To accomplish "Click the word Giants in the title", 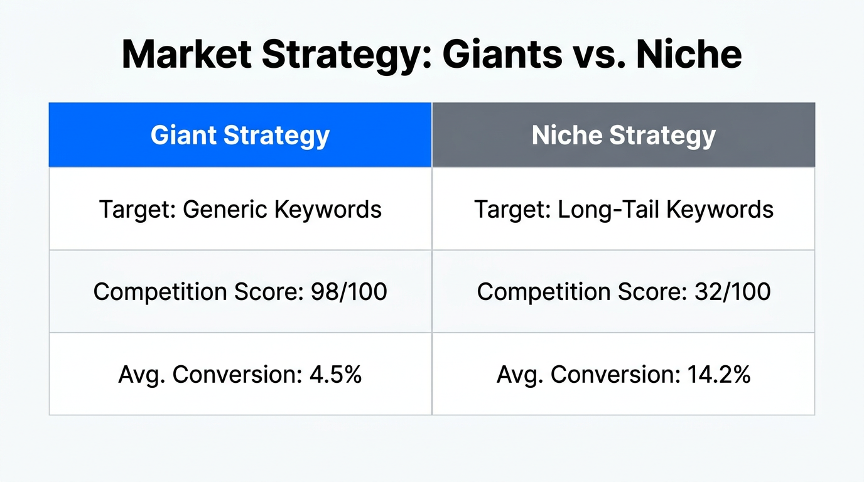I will (x=502, y=54).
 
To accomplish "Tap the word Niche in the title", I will (x=688, y=54).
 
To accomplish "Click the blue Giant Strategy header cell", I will (x=240, y=136).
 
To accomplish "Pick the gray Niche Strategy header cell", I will (x=624, y=136).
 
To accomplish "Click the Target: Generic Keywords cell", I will (x=240, y=209).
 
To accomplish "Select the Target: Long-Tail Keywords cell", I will (x=624, y=209).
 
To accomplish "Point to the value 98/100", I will (x=349, y=292).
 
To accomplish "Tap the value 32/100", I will (x=733, y=292).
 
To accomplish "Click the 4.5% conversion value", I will (x=336, y=375).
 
